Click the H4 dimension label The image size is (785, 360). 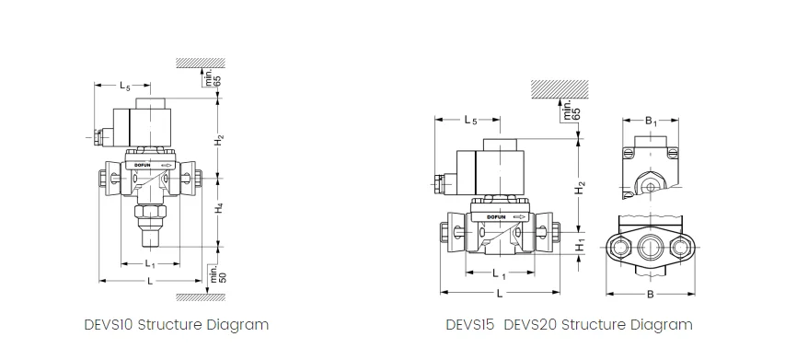[x=219, y=208]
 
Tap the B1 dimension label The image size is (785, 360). [x=651, y=121]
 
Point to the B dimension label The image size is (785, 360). [x=651, y=294]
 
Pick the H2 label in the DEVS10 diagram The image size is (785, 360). [x=219, y=140]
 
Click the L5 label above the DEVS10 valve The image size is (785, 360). [x=124, y=86]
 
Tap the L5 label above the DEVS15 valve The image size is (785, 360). [x=470, y=121]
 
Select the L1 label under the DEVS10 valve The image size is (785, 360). [x=150, y=263]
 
